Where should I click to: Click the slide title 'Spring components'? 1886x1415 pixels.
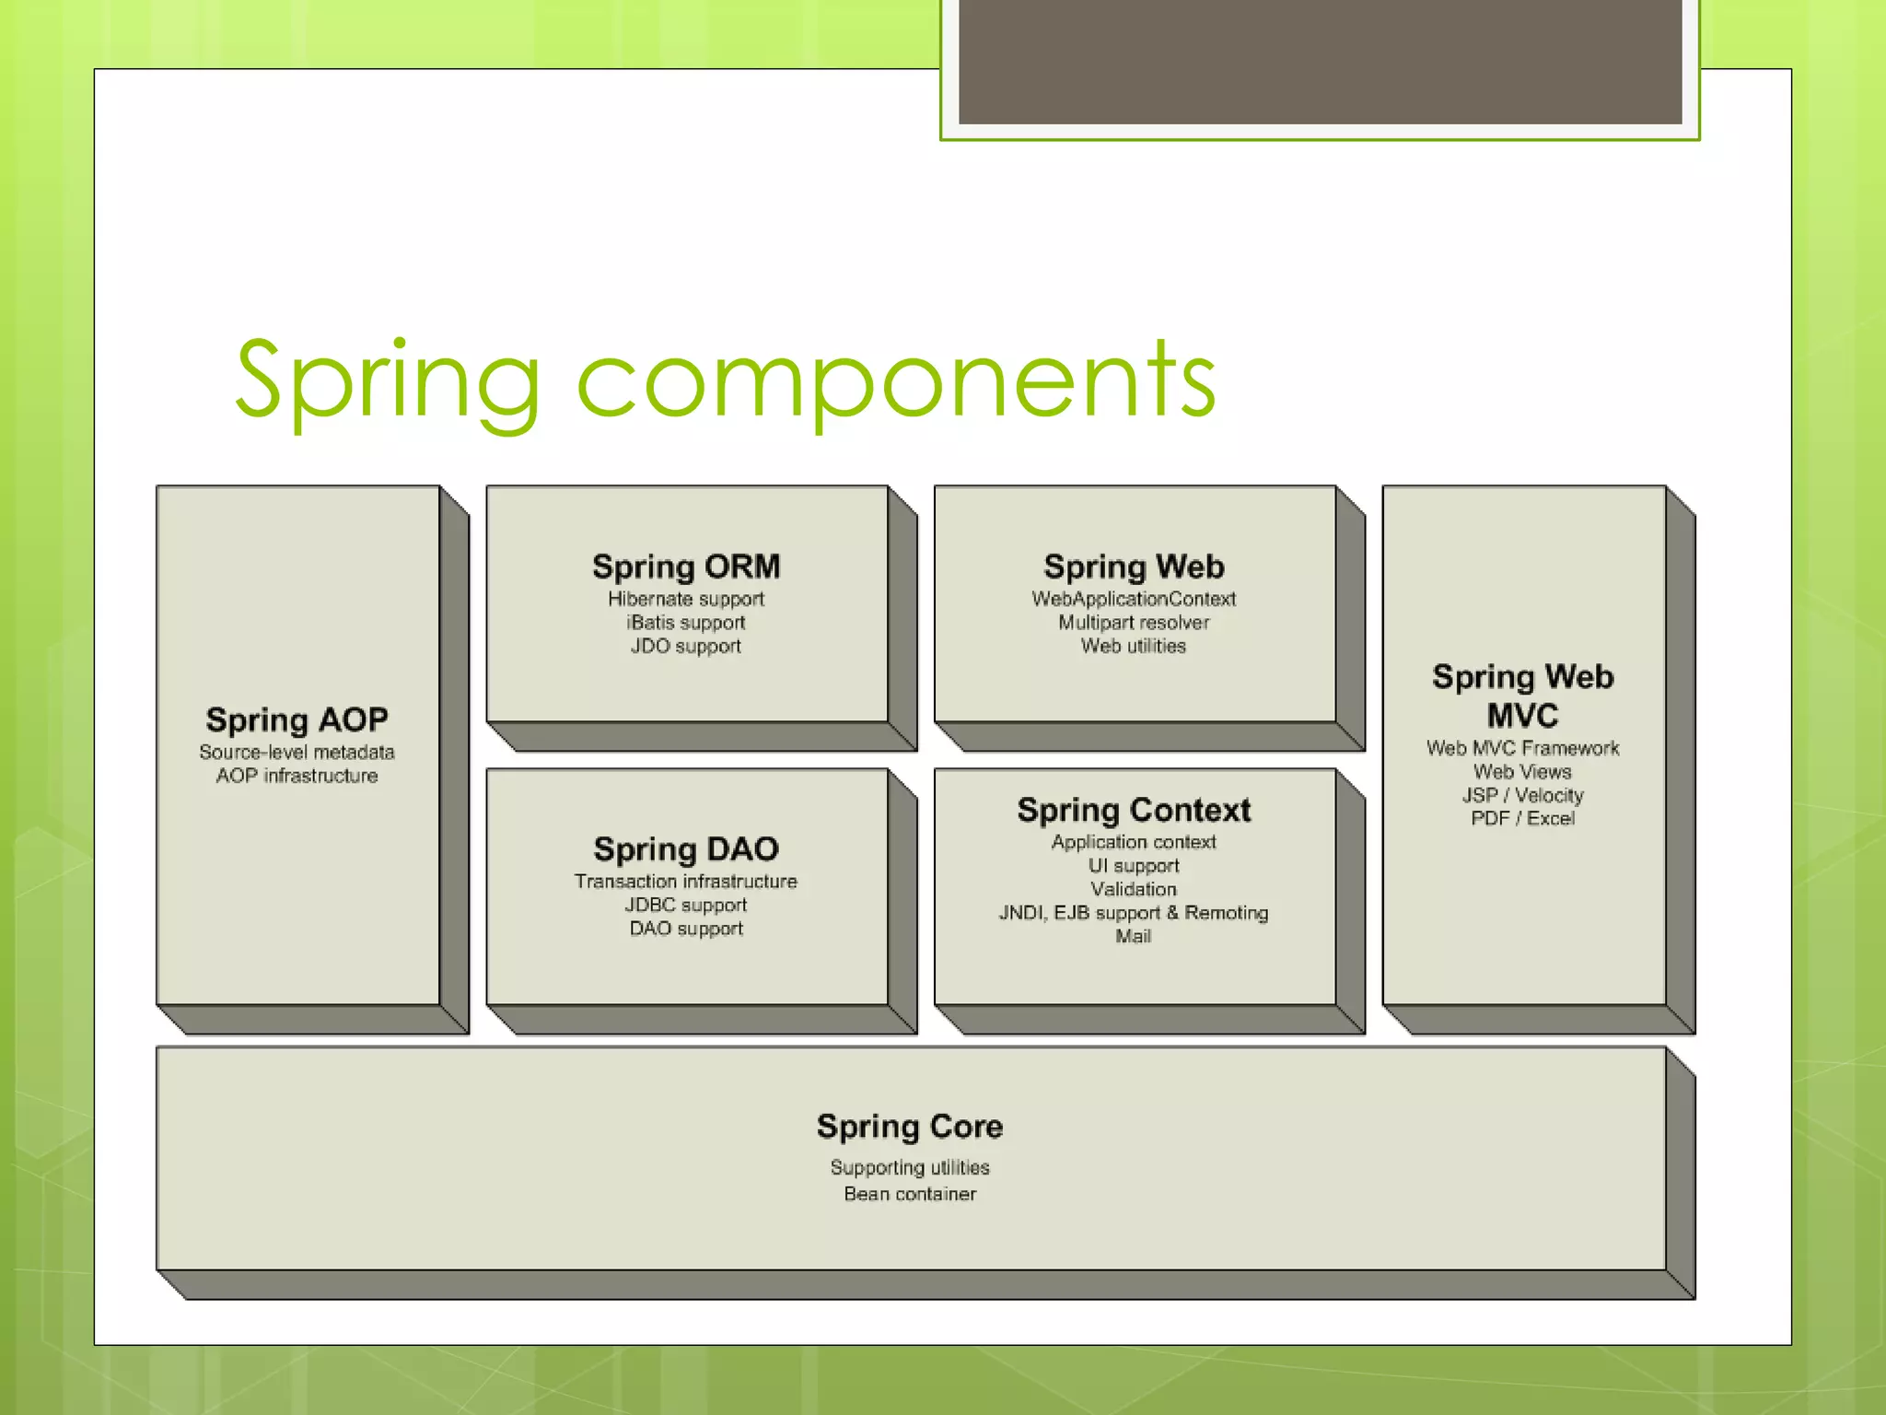(726, 380)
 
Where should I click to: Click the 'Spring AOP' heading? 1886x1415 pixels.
(297, 719)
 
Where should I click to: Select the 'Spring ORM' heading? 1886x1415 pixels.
(686, 567)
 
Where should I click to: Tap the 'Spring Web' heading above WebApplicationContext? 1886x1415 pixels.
(1134, 567)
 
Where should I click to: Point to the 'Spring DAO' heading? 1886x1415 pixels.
(686, 848)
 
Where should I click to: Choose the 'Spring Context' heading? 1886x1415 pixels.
(1134, 810)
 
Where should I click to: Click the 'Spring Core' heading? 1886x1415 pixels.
(910, 1126)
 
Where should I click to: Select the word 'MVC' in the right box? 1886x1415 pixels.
(1522, 716)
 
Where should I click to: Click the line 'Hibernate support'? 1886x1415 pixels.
(686, 599)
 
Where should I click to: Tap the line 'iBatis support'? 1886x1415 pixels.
(686, 623)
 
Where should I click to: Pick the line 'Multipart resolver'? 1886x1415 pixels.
(1134, 623)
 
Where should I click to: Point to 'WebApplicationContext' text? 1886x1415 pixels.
(1134, 599)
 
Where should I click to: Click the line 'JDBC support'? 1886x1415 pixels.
(686, 905)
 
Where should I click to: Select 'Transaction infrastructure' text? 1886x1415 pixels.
(686, 882)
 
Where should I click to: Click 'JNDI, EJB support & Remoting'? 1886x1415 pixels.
(1134, 913)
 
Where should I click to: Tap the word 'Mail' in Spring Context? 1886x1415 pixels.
(1134, 936)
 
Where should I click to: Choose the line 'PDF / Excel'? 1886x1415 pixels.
(1522, 818)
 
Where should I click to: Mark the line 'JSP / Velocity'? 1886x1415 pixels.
(1522, 795)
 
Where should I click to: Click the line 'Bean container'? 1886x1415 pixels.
(910, 1194)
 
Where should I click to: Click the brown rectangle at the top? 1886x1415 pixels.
(1320, 61)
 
